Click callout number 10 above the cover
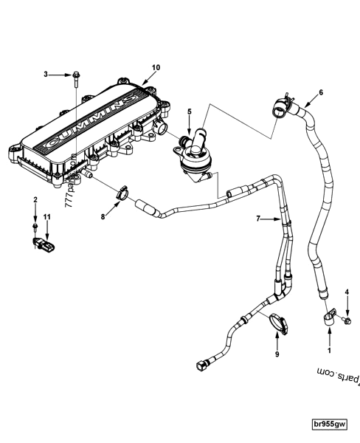(156, 67)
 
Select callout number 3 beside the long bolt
(46, 75)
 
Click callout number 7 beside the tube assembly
(257, 219)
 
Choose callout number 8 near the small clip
(103, 217)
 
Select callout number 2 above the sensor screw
(35, 200)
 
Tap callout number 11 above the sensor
(46, 215)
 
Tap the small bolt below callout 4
(348, 320)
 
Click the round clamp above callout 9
(278, 322)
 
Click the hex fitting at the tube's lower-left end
(201, 365)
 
